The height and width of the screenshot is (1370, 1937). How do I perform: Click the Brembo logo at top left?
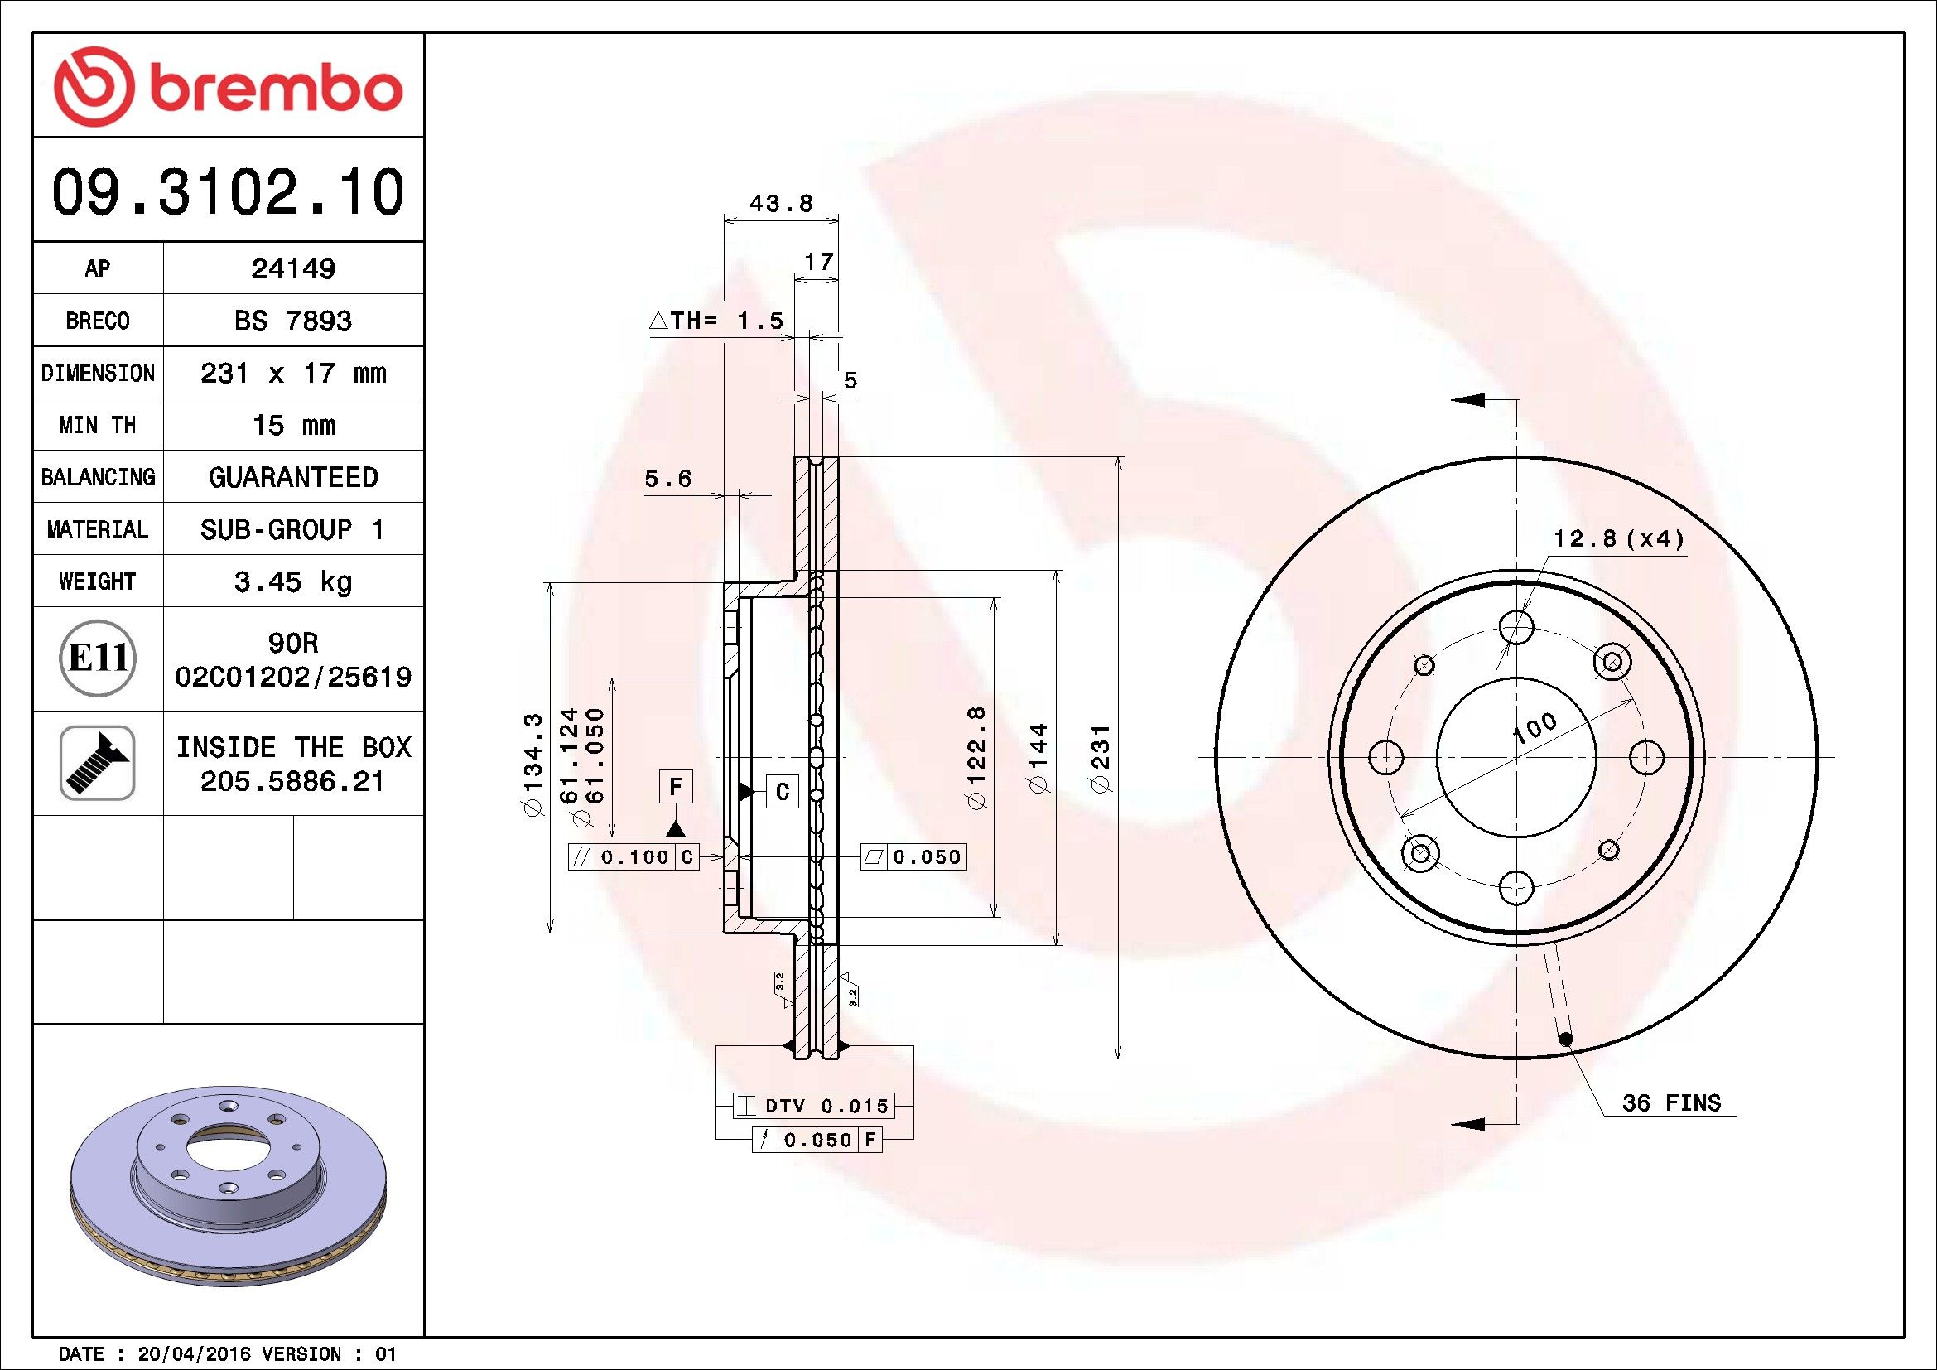(228, 87)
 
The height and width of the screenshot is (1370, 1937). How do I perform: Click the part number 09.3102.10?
(228, 192)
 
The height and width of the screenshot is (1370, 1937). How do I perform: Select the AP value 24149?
(292, 268)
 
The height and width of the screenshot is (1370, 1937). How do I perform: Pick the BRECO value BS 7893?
(292, 321)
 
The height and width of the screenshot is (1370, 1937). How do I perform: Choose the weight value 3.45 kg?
(292, 581)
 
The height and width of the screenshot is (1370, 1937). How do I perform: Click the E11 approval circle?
(98, 658)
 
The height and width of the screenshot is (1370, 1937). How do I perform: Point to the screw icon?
(98, 763)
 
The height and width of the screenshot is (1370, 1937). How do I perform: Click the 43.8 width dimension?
(781, 203)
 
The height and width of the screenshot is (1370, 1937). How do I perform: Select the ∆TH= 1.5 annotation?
(716, 321)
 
